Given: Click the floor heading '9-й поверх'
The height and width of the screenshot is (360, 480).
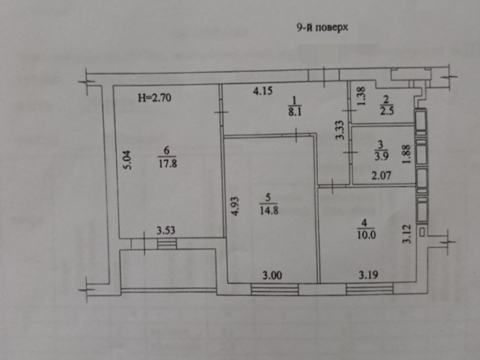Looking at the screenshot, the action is coord(322,28).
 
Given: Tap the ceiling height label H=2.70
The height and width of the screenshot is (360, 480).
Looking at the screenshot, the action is coord(154,97).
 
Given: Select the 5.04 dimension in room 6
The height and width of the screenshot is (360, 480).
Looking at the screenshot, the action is coord(127,160).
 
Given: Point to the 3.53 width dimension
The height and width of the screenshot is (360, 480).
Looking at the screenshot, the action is coord(165,230).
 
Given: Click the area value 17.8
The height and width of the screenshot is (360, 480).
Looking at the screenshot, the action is coord(168,164).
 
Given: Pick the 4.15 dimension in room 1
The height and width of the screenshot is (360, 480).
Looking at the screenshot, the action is coord(263,91).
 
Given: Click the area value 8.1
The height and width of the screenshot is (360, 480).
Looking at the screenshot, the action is coord(295,111).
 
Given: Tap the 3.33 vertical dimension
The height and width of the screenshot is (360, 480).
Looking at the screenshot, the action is coord(340,130).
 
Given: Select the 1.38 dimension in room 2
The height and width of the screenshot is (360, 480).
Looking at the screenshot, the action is coord(362,96).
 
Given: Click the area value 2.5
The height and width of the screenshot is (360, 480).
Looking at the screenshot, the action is coord(387,110).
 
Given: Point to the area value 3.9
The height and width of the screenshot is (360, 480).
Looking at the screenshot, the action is coord(381,156).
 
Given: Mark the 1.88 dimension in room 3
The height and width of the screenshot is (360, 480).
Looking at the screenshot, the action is coord(406,154).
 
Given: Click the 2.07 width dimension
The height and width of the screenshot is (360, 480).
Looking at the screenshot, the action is coord(381,175).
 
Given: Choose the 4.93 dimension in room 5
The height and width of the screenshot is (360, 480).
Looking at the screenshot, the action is coord(235,206).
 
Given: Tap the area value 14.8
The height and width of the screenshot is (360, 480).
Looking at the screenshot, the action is coord(269,211).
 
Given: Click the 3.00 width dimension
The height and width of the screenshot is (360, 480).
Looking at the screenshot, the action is coord(272,275).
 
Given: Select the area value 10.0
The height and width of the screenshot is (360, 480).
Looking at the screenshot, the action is coord(366,235).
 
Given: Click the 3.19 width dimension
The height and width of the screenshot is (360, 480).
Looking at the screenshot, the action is coord(368,275).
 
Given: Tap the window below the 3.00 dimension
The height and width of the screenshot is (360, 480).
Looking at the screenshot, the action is coord(275,289).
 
